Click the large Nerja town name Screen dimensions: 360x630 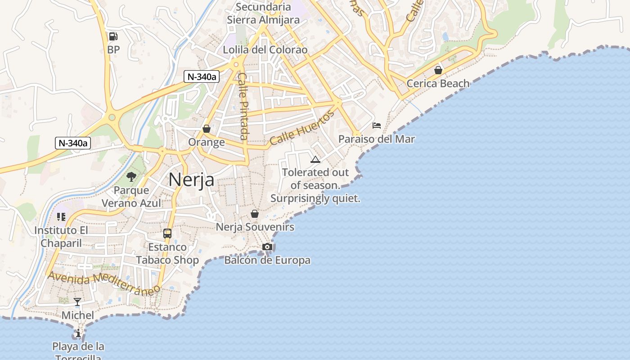[191, 180]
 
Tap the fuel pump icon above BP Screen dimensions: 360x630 [113, 36]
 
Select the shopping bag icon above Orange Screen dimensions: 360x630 [207, 129]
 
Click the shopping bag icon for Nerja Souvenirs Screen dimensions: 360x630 [255, 214]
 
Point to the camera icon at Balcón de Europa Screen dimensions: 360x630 [267, 247]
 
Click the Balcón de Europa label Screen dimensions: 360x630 [267, 260]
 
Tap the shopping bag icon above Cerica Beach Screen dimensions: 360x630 [438, 70]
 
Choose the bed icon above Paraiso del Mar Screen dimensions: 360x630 [377, 126]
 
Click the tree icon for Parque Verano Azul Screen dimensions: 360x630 [131, 177]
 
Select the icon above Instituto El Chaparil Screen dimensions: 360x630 [61, 217]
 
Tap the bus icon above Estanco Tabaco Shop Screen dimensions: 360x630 [167, 234]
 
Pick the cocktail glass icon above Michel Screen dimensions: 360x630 [77, 302]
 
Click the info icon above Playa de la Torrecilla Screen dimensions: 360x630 [78, 333]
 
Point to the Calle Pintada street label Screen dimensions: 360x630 [243, 106]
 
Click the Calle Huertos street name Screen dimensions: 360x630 [302, 128]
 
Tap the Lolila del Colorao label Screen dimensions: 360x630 [265, 49]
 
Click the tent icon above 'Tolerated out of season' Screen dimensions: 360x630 [315, 159]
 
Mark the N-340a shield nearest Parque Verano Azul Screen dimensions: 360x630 [73, 143]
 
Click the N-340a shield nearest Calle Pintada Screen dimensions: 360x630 [202, 76]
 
